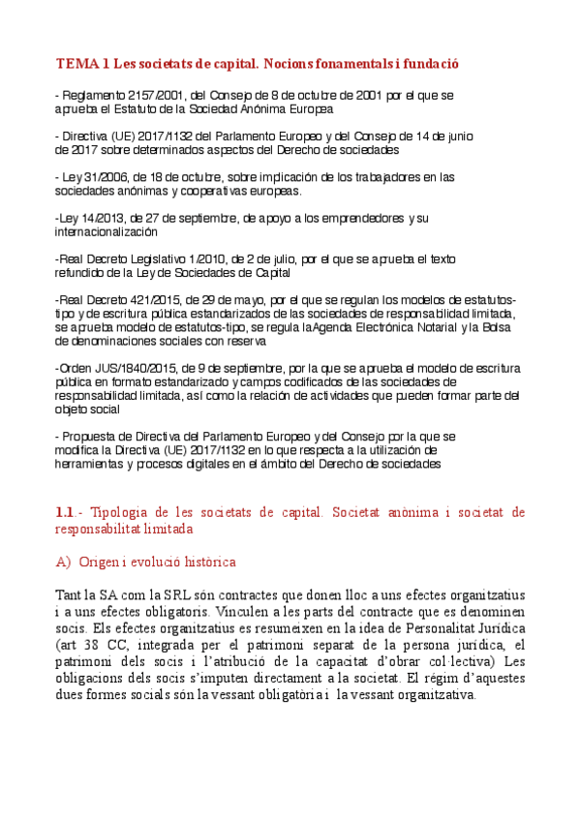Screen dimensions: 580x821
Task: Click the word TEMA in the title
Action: (x=76, y=64)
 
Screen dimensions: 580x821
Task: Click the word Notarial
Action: (x=401, y=327)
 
